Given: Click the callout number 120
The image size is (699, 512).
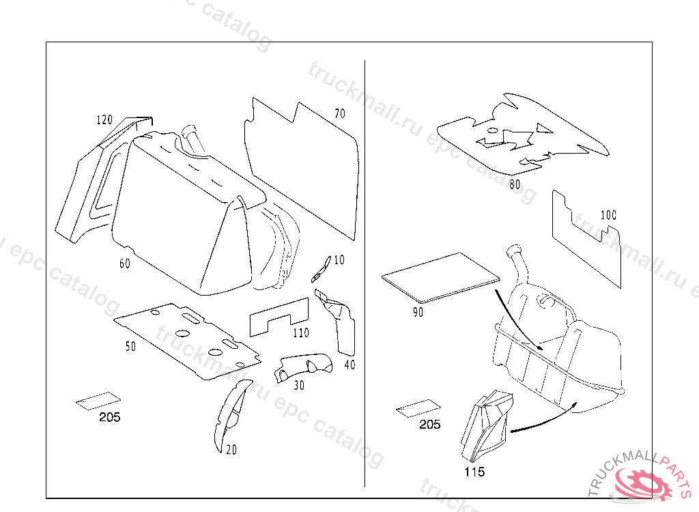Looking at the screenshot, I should tap(104, 120).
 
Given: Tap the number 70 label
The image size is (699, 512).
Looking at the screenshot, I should tap(340, 113).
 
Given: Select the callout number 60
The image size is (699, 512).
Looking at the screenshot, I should tap(124, 264).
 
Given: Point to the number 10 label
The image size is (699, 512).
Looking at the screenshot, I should tap(339, 260).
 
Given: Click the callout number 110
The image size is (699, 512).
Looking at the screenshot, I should tap(300, 333).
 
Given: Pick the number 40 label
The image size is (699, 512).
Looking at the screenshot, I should tap(349, 365).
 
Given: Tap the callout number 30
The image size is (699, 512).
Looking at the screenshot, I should tap(299, 385).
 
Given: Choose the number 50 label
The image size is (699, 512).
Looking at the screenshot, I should tap(130, 347).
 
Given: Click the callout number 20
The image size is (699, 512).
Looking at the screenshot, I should tap(231, 450).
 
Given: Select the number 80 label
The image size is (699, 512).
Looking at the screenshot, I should tap(515, 184).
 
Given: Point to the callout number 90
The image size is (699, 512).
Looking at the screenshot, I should tap(418, 312).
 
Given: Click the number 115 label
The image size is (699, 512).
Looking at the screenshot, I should tap(474, 472).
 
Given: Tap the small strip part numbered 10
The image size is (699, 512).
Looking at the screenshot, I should tap(320, 270).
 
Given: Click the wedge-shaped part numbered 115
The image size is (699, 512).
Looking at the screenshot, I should tap(487, 423).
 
